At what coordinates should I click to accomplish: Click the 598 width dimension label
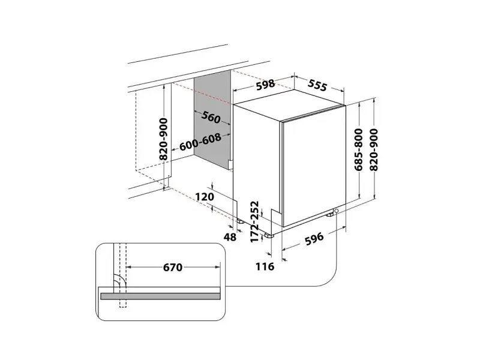point(265,85)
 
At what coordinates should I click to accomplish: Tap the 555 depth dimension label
point(317,85)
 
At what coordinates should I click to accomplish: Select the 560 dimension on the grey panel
point(211,117)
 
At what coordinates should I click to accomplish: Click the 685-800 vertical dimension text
point(358,149)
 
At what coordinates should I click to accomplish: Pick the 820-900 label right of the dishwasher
point(374,149)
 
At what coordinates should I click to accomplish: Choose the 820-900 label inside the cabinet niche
point(164,139)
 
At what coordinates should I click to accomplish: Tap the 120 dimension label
point(205,197)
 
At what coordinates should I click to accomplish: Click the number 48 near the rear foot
point(230,236)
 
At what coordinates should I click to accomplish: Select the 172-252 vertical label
point(254,221)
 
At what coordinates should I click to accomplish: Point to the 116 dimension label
point(265,266)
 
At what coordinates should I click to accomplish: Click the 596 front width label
point(314,238)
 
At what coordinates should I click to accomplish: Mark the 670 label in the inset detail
point(173,267)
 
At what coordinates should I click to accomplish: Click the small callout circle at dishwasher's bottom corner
point(337,211)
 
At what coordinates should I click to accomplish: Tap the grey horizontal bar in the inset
point(160,296)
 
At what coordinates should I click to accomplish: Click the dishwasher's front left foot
point(269,235)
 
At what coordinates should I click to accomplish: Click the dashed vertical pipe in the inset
point(122,275)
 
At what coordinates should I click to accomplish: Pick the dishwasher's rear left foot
point(239,221)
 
